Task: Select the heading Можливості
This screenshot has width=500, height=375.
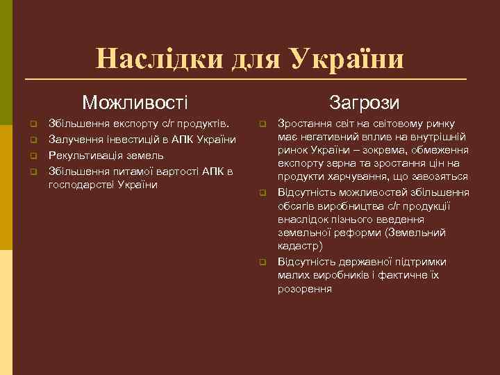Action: (x=135, y=103)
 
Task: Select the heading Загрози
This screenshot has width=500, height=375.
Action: (x=365, y=103)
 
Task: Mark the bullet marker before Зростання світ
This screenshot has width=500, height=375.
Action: (x=263, y=124)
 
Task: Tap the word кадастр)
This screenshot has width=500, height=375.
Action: (x=299, y=246)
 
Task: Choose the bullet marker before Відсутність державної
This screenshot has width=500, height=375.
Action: (x=263, y=262)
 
